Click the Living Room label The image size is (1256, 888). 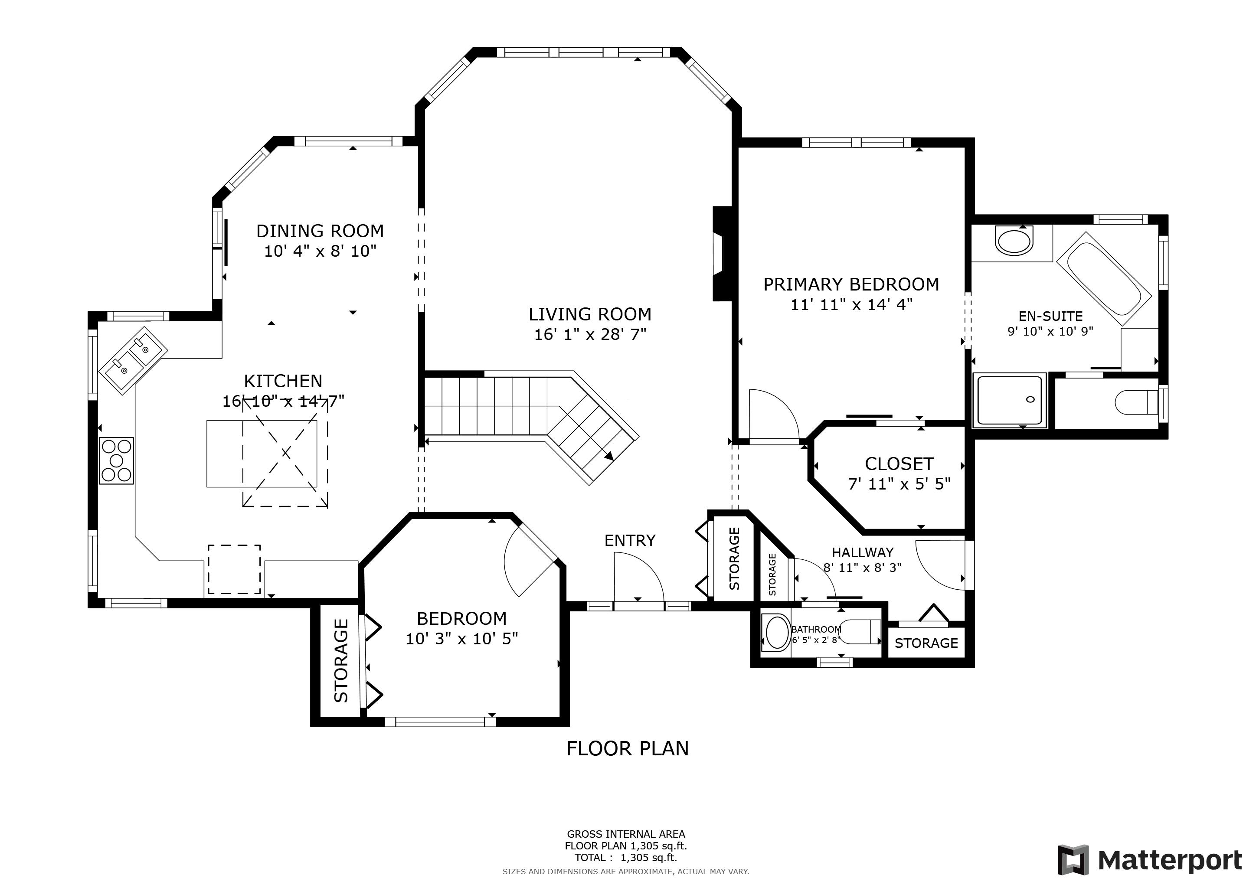coord(590,314)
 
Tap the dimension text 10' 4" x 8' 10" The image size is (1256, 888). coord(320,251)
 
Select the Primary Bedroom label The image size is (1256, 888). coord(851,284)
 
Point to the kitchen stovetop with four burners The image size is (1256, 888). coord(116,460)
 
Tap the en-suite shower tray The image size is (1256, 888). coord(1009,400)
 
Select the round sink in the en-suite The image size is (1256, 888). coord(1014,242)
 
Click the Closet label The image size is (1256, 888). coord(899,464)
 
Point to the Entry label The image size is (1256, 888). coord(630,540)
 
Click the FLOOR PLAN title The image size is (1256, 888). coord(628,748)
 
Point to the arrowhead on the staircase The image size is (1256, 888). coord(609,455)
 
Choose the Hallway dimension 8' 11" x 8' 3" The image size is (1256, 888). coord(863,568)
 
